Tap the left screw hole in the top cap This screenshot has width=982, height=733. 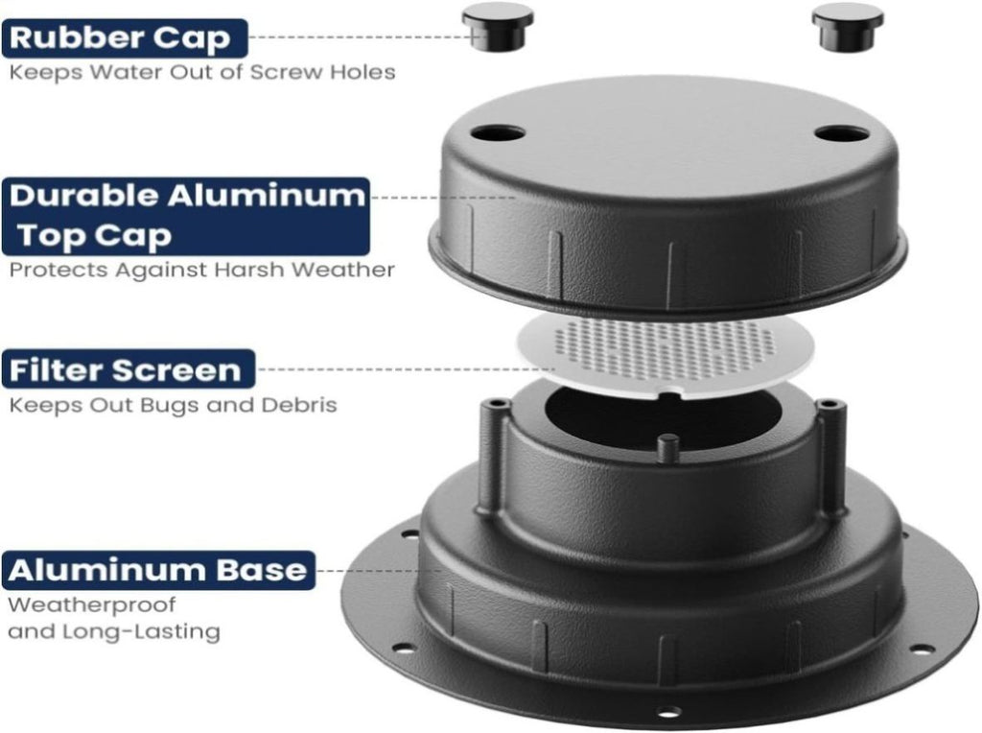[x=498, y=133]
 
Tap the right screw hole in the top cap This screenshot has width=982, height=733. [x=842, y=133]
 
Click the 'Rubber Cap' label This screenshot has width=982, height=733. [x=125, y=38]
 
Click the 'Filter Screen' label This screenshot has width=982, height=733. [x=129, y=369]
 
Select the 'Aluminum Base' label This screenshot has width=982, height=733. [x=158, y=570]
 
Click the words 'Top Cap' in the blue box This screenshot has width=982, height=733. [x=94, y=236]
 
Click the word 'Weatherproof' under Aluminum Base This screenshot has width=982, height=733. [x=91, y=605]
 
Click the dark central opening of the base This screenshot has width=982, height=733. [x=663, y=416]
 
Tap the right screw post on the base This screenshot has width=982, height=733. [x=831, y=454]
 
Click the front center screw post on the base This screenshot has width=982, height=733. [x=668, y=449]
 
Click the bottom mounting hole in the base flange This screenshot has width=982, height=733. [x=668, y=712]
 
